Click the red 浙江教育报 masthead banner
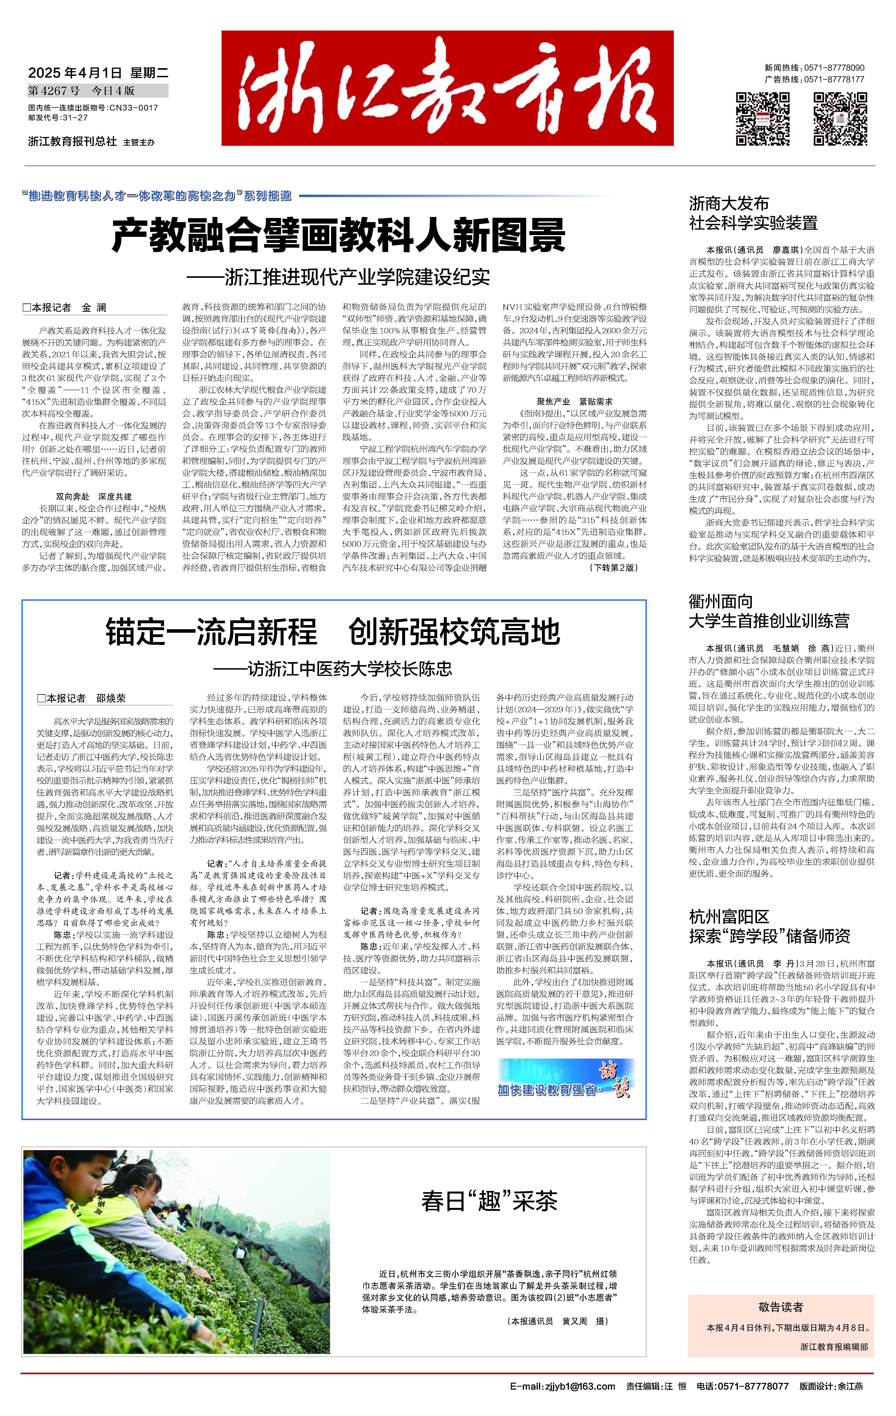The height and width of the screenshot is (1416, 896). [x=447, y=88]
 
